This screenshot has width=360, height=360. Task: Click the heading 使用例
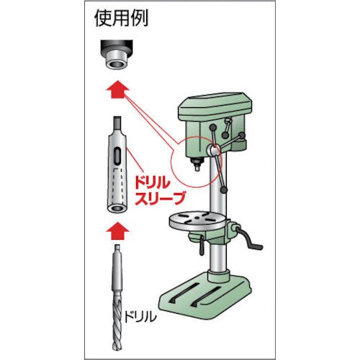tap(121, 18)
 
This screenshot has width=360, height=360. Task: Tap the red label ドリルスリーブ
tap(161, 191)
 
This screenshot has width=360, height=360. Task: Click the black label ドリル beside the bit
tap(140, 317)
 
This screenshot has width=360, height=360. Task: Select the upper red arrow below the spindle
tap(117, 89)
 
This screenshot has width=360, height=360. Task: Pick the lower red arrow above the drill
tap(117, 231)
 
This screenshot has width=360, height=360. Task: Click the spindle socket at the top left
tap(116, 55)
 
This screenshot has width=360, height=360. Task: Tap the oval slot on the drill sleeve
tap(117, 157)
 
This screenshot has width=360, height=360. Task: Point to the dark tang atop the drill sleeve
tap(117, 124)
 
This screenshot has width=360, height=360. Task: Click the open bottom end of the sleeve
tap(117, 208)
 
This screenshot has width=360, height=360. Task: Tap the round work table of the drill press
tap(197, 220)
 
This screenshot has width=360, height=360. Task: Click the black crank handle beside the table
tap(250, 240)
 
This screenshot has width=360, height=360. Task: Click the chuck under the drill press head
tap(197, 163)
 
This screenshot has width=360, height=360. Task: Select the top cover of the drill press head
tap(215, 107)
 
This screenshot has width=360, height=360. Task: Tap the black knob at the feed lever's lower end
tap(224, 190)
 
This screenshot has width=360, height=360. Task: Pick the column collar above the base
tap(218, 276)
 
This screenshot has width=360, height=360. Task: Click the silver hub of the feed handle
tap(212, 150)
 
